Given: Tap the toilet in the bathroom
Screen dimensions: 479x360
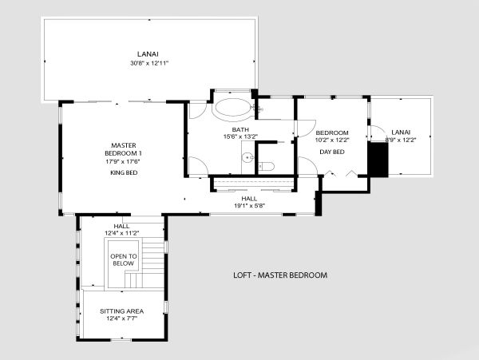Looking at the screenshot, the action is [x=267, y=166].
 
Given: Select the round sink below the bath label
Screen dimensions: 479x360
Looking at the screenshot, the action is [x=247, y=158].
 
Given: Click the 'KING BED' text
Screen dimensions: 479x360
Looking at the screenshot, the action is [x=124, y=173].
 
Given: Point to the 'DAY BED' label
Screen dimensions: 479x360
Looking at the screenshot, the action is [x=332, y=152].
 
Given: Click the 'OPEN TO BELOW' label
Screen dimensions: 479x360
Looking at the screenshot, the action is [x=124, y=260].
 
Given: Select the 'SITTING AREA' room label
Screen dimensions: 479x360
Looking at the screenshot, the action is [x=121, y=311].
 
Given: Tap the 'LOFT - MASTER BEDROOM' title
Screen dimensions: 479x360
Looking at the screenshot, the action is [x=280, y=275].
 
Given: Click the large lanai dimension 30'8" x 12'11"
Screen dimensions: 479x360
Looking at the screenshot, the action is [x=149, y=64].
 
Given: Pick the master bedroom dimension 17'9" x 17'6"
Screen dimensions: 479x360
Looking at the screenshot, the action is [x=124, y=161].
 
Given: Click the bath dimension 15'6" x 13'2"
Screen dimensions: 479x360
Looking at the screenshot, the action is [x=241, y=136].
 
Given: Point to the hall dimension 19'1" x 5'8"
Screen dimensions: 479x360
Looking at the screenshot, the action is [x=249, y=206].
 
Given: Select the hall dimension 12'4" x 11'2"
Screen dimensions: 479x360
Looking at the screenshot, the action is [x=122, y=233].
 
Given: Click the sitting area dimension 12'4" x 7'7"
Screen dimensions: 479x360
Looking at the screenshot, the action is [x=121, y=318].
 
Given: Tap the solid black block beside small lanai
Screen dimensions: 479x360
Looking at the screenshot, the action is [x=378, y=159].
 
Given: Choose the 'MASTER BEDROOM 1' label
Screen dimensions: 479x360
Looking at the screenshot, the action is [x=124, y=149].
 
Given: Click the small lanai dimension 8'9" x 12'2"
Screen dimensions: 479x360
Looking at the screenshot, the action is [x=401, y=140].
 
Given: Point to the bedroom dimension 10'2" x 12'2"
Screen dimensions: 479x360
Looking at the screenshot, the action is [x=332, y=140].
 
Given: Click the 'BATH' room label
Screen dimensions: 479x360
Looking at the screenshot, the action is [x=240, y=130].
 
